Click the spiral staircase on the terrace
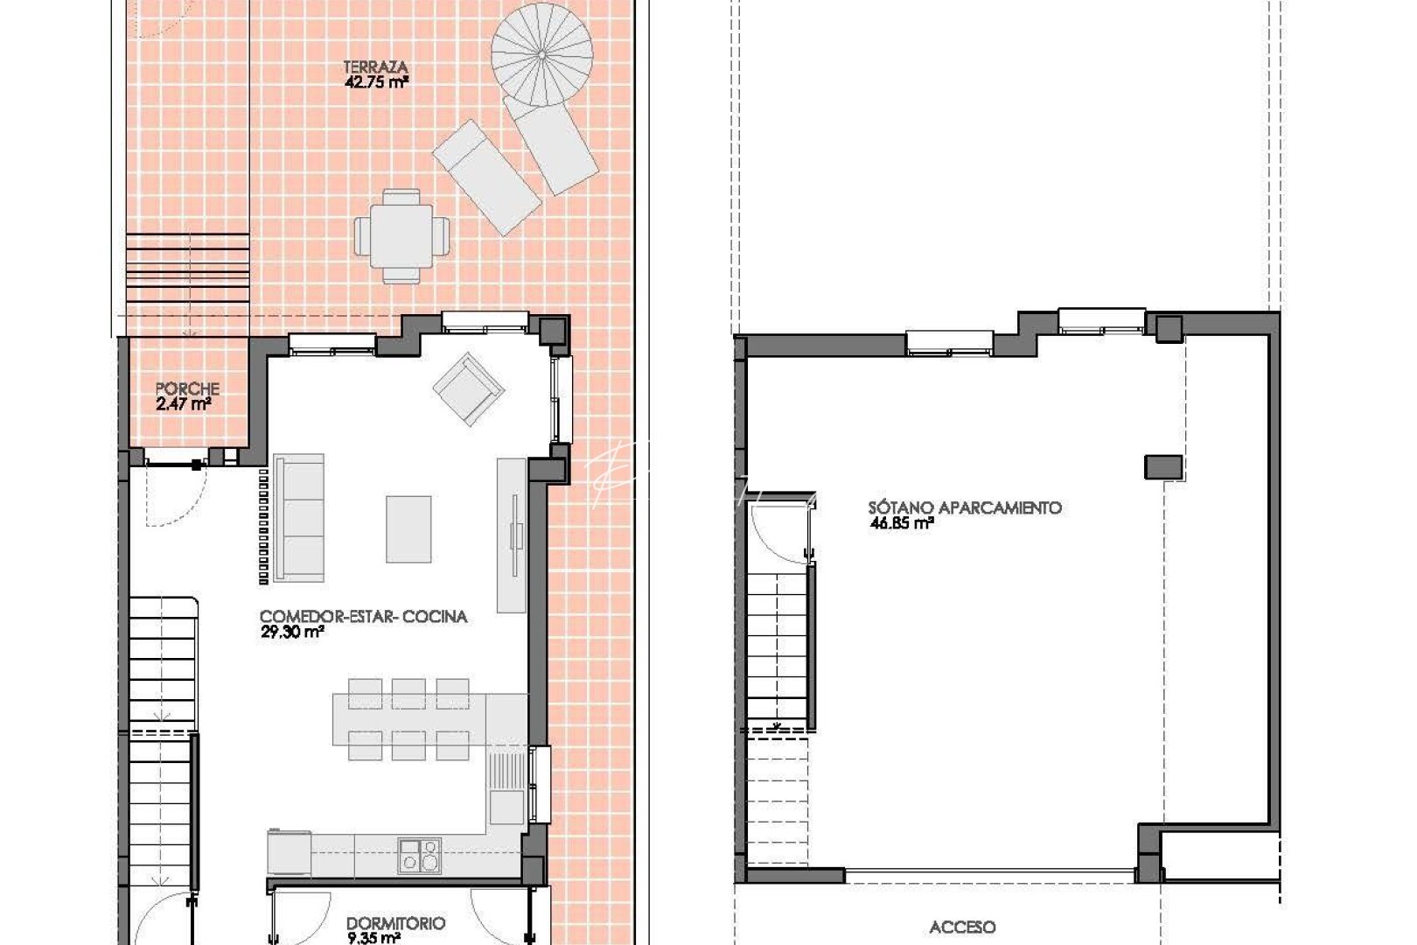(541, 54)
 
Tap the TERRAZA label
(375, 67)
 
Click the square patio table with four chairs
(401, 235)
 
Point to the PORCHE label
(187, 388)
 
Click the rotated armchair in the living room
(469, 388)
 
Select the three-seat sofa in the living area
(298, 517)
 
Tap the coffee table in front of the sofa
(408, 529)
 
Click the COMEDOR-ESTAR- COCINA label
(363, 617)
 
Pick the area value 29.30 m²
(292, 633)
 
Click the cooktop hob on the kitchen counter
(420, 855)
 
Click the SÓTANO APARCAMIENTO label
(965, 507)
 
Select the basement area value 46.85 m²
(902, 524)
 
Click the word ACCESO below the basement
(962, 927)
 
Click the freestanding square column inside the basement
(1163, 466)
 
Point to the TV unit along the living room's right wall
(512, 535)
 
